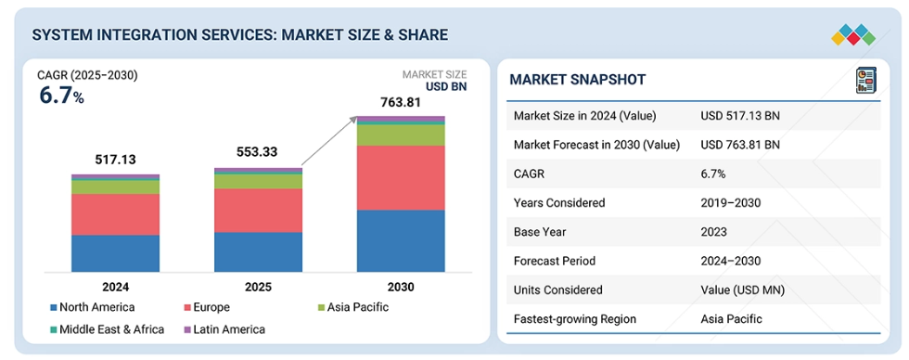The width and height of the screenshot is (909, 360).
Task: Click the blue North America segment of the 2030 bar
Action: point(401,240)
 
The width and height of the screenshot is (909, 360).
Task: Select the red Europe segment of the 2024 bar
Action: point(115,214)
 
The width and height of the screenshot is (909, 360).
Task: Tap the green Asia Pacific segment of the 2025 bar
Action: point(258,182)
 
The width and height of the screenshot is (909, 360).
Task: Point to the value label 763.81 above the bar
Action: point(400,103)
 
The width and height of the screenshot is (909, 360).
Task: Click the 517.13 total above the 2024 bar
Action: point(115,160)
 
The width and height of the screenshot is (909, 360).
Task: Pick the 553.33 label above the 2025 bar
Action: point(257,152)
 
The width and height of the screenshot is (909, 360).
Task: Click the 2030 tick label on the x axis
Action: point(401,287)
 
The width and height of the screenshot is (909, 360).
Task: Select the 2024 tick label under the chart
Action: point(115,287)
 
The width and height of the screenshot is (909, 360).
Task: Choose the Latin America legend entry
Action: point(224,329)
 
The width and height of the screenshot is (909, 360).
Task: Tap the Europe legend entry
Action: point(206,307)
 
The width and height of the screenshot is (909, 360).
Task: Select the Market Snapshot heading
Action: point(577,80)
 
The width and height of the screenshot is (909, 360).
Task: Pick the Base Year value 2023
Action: point(713,232)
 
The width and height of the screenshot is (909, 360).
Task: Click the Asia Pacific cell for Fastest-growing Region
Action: point(731,319)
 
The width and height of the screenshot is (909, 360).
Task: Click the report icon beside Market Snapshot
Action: point(866,80)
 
